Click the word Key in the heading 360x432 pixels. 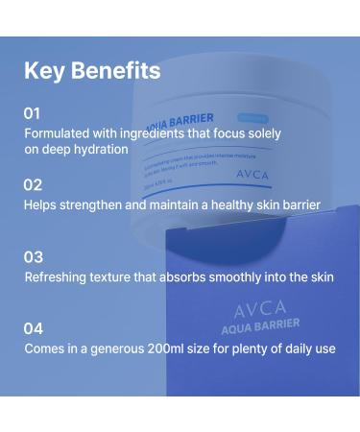[x=44, y=71]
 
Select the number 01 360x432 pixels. [x=33, y=113]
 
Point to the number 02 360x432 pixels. [x=33, y=184]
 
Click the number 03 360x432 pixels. [x=34, y=256]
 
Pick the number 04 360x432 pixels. [x=34, y=328]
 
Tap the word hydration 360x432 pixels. [x=96, y=150]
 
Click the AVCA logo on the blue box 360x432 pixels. [x=260, y=309]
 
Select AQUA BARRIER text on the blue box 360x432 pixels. [x=260, y=326]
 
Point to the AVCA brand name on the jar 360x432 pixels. [x=253, y=176]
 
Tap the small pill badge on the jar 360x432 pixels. [x=254, y=116]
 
